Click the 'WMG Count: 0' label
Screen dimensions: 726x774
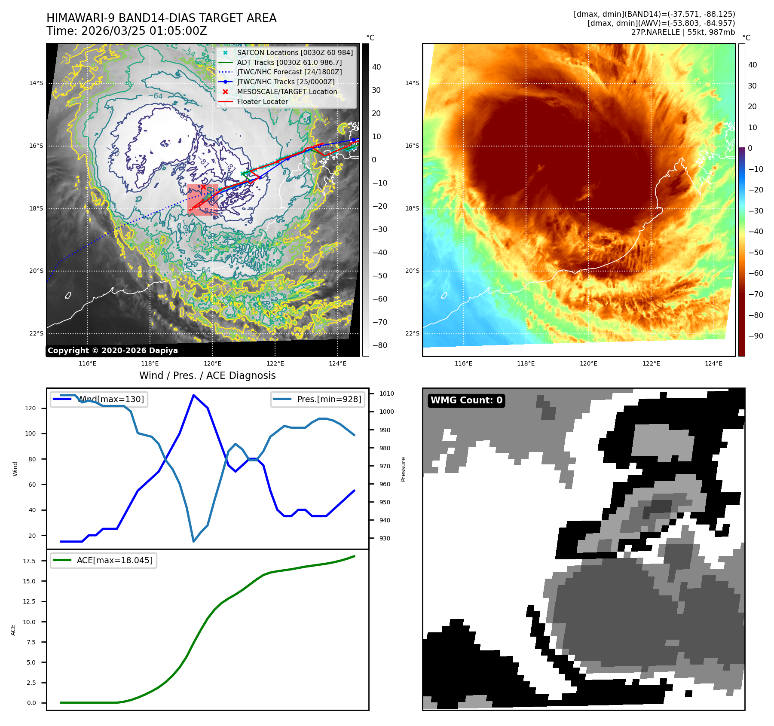coord(466,400)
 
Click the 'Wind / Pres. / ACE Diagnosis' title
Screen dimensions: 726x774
coord(207,376)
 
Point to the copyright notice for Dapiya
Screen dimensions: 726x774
coord(113,351)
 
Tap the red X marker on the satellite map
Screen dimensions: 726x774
coord(203,187)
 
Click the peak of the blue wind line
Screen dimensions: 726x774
coord(194,395)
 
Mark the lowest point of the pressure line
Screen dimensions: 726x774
coord(194,541)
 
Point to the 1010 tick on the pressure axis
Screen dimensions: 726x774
coord(386,394)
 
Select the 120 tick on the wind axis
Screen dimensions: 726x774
coord(31,409)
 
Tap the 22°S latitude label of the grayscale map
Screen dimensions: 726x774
coord(36,334)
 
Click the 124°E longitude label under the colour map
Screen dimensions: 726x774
coord(713,364)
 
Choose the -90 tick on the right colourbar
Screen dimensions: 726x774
coord(756,336)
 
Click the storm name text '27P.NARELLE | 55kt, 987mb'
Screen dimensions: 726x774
coord(683,32)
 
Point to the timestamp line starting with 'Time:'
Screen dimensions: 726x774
coord(127,31)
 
